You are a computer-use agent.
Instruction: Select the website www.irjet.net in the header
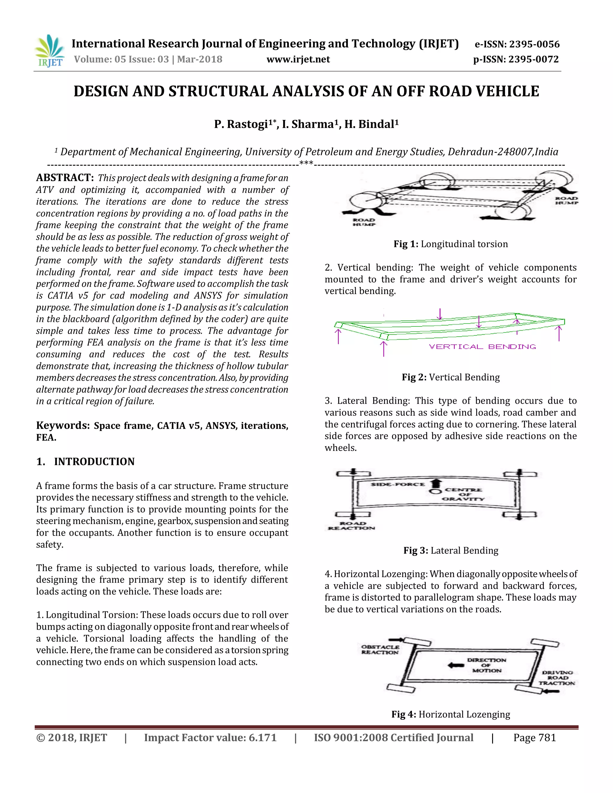coord(298,59)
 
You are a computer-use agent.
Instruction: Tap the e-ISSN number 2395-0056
coord(534,44)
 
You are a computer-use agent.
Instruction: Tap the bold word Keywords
coord(63,426)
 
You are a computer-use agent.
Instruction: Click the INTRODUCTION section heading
coord(94,461)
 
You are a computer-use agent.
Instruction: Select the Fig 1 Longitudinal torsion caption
coord(450,244)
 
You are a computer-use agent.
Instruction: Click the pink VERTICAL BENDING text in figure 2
coord(482,347)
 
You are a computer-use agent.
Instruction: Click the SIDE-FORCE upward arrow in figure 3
coord(436,483)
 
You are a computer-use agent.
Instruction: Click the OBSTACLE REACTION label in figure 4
coord(380,649)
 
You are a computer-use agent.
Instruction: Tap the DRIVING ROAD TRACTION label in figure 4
coord(557,677)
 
